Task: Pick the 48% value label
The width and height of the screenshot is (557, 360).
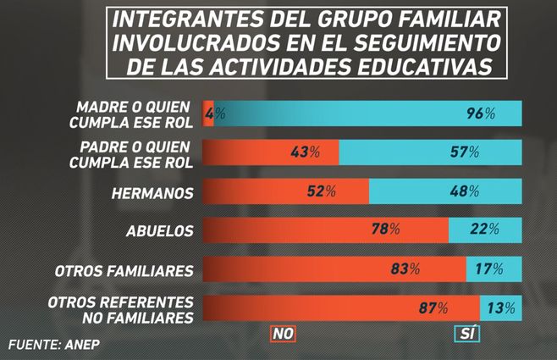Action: coord(465,192)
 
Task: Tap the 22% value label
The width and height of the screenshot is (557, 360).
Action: coord(484,230)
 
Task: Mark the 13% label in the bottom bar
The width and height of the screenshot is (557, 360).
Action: coord(499,308)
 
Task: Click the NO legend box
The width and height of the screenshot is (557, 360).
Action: coord(283,335)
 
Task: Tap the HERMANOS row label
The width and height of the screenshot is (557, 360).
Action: coord(152,192)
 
